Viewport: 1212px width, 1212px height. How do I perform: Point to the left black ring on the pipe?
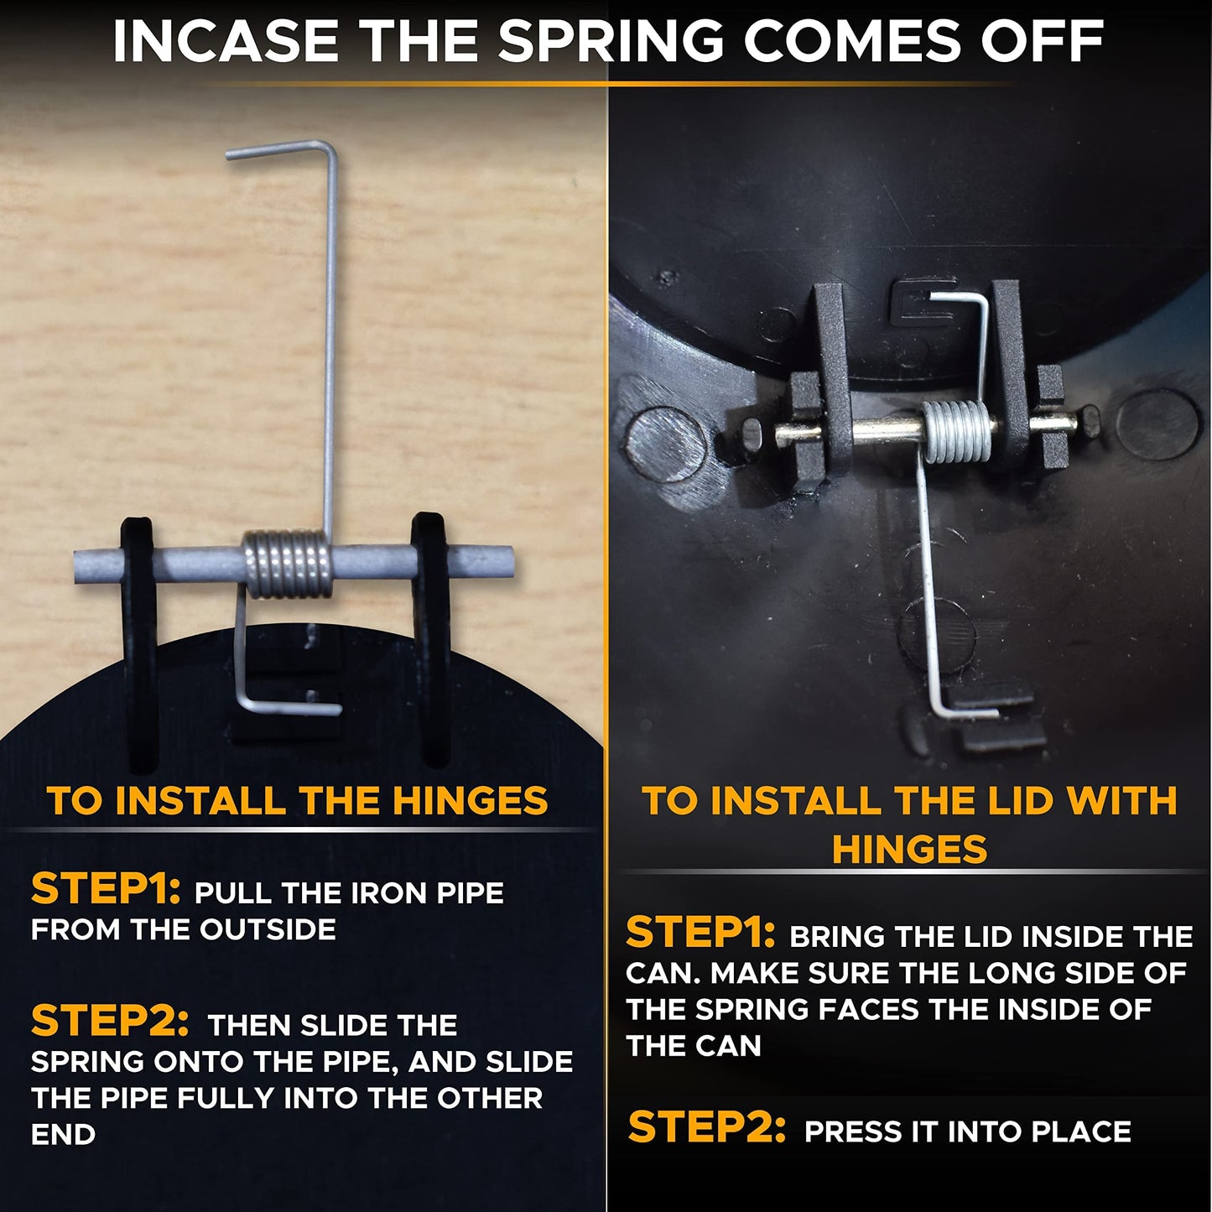(x=139, y=642)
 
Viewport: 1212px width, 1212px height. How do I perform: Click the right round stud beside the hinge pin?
(x=1158, y=422)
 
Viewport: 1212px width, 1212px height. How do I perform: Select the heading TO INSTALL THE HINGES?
(x=297, y=801)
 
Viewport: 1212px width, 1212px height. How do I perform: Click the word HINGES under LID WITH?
(x=909, y=849)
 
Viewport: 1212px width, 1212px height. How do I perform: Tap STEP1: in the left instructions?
(x=106, y=889)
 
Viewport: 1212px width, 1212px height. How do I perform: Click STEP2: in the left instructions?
(x=109, y=1022)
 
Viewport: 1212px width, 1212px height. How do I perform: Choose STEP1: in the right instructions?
(x=700, y=933)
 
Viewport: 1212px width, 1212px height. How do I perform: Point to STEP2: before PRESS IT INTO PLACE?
(x=707, y=1127)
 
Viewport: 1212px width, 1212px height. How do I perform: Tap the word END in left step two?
(x=63, y=1136)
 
